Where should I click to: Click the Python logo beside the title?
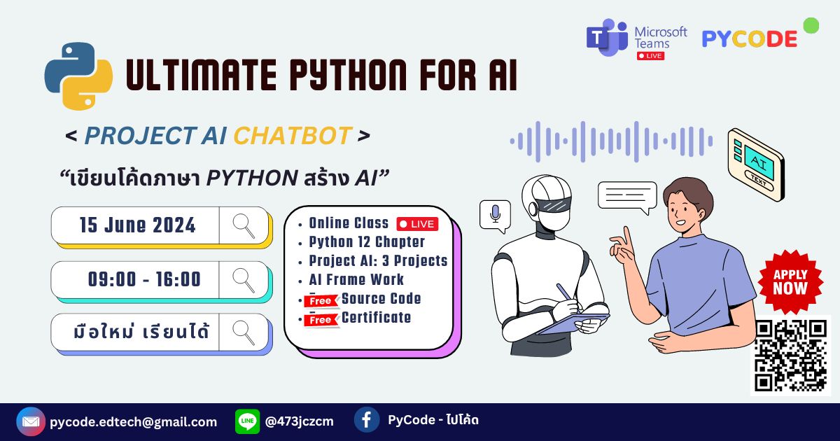[78, 76]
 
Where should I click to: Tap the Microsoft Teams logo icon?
[606, 38]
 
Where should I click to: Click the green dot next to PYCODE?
[811, 26]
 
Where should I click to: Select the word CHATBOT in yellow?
[292, 136]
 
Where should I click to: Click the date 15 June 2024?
[137, 225]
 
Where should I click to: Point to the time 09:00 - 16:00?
[144, 279]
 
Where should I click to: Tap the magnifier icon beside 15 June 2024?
[244, 225]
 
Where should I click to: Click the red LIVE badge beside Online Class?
[417, 224]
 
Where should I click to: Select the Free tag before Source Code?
[321, 301]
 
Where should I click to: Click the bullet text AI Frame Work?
[356, 279]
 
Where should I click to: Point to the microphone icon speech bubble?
[495, 215]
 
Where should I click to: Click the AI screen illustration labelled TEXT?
[756, 164]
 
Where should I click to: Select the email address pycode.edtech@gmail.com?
[133, 421]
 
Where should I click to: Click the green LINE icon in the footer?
[247, 421]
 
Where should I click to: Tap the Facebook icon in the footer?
[367, 420]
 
